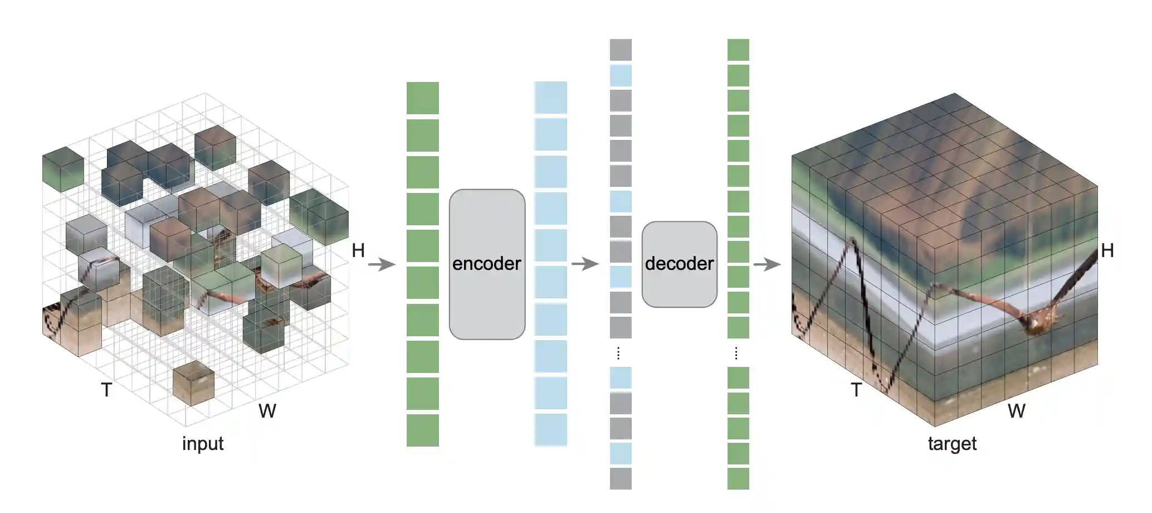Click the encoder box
pos(487,264)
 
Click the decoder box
pos(679,264)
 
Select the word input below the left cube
pos(203,444)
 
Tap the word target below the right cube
pos(952,444)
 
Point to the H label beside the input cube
pos(358,251)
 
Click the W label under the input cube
pos(267,411)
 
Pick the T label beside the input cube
pos(106,390)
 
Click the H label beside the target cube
pos(1107,251)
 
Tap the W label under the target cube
pos(1016,411)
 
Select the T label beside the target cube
pos(856,390)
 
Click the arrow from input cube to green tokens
pos(382,264)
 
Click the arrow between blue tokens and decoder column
pos(585,264)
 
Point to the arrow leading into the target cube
pos(767,264)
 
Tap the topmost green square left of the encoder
pos(423,98)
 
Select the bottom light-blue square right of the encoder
pos(551,429)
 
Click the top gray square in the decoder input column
pos(621,50)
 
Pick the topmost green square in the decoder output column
pos(738,50)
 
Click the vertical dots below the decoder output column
pos(736,353)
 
